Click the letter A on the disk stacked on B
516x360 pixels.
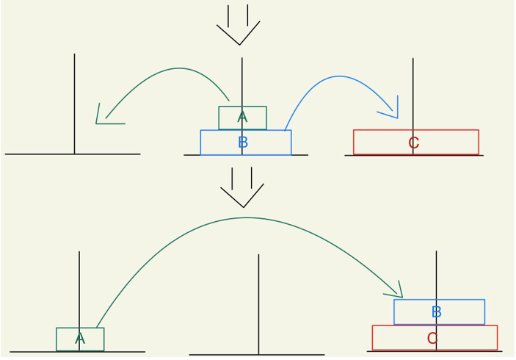coord(242,118)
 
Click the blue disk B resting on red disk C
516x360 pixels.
coord(462,312)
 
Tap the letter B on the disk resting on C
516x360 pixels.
coord(437,312)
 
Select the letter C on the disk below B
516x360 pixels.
coord(432,339)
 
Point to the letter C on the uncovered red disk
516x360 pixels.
coord(413,143)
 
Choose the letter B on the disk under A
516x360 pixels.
coord(243,143)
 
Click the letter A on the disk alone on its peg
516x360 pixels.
coord(80,339)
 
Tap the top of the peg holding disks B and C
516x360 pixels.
coord(436,253)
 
